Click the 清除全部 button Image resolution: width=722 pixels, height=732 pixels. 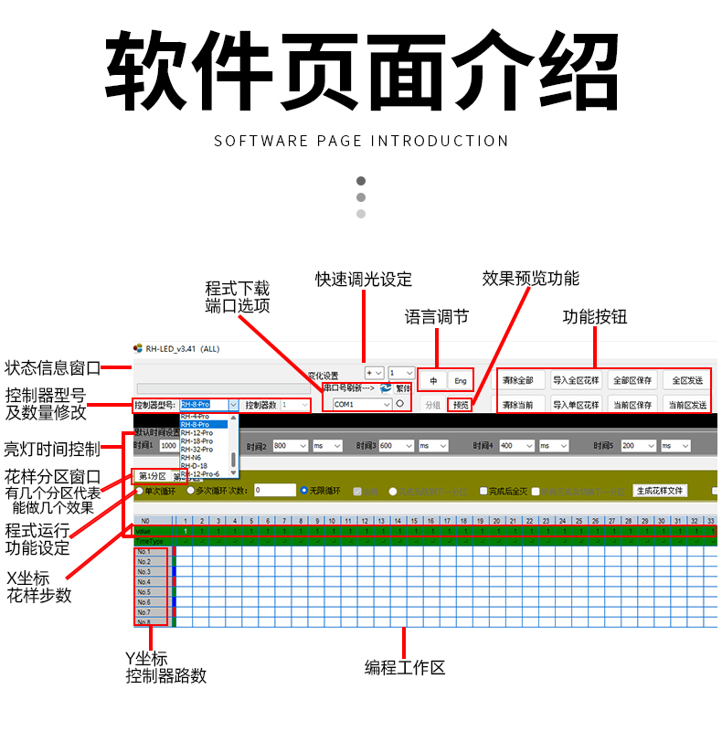(523, 380)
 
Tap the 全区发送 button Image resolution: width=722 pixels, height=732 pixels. (687, 380)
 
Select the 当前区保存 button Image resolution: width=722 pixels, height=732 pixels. (632, 405)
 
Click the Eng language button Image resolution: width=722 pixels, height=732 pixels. (461, 380)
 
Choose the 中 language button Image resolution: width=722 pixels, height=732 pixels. (433, 380)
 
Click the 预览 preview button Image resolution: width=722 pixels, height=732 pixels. (461, 405)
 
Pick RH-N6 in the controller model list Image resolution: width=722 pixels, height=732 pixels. (191, 458)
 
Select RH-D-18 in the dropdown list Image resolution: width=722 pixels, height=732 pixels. (195, 466)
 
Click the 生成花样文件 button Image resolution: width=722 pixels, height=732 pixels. (660, 491)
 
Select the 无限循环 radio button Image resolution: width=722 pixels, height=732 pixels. (306, 491)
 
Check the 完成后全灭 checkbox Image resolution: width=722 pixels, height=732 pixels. (483, 491)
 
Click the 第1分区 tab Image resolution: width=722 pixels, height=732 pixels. (152, 476)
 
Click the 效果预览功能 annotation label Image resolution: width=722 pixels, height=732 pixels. (530, 279)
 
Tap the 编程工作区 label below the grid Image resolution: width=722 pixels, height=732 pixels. (405, 668)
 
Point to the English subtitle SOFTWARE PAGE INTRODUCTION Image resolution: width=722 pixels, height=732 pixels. (361, 141)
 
